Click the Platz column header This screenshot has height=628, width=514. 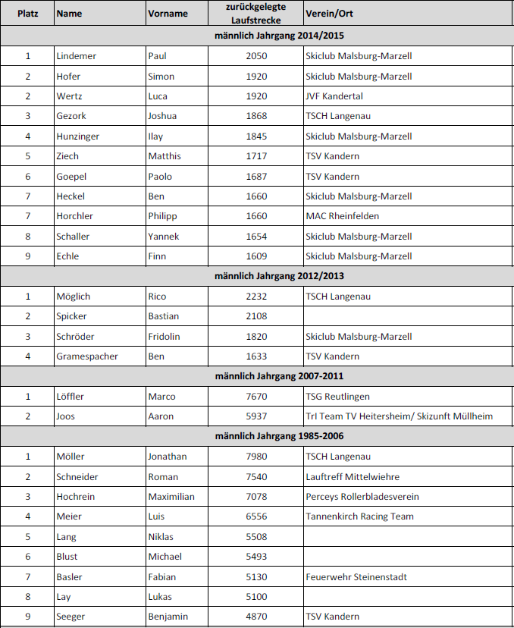click(28, 14)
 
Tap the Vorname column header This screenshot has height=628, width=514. click(168, 14)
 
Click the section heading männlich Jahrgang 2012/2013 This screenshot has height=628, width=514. click(258, 276)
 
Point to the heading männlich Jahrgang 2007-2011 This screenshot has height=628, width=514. click(258, 376)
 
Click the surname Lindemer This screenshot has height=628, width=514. click(77, 56)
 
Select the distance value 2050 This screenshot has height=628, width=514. click(257, 56)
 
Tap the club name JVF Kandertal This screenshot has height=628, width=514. click(334, 96)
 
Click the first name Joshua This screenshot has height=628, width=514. click(163, 116)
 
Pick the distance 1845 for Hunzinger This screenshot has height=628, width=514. click(257, 137)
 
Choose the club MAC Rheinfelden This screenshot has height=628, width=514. click(342, 216)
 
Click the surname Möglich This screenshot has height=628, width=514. click(74, 297)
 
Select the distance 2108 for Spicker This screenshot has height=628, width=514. click(257, 316)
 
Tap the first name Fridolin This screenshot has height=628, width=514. click(165, 337)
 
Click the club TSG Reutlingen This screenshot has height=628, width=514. click(337, 397)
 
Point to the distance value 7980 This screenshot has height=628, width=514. click(257, 457)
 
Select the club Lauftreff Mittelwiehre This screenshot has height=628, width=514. click(353, 477)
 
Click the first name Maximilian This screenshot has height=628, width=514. click(171, 497)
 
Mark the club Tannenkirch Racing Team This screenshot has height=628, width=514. click(359, 517)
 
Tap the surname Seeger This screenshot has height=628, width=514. click(71, 617)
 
